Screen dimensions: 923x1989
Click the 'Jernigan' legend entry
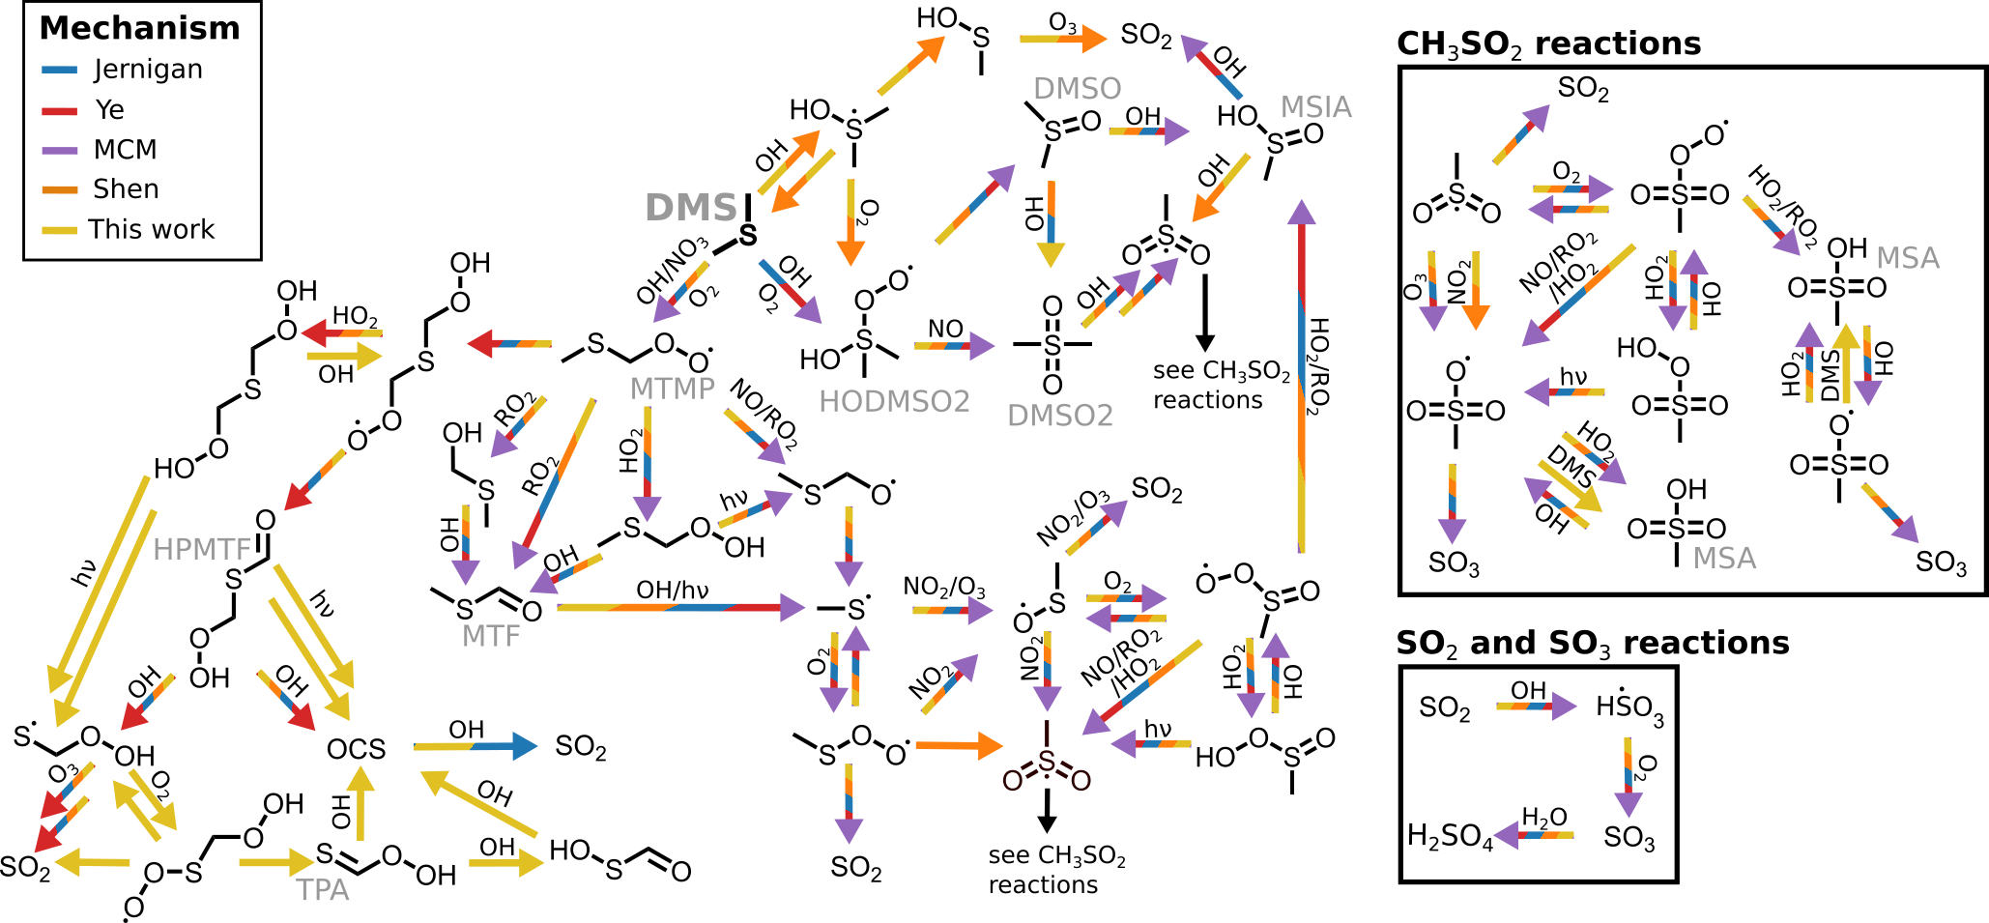(148, 70)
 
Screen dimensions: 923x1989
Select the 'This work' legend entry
(151, 229)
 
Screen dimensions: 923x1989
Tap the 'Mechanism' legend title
(140, 28)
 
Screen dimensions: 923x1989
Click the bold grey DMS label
(691, 208)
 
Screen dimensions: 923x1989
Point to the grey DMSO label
(1077, 89)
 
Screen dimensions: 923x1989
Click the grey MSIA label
(1315, 107)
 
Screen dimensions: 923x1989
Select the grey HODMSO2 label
(894, 402)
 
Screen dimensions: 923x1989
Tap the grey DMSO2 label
(1060, 416)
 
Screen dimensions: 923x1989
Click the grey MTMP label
(672, 389)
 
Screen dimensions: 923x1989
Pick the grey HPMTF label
(202, 549)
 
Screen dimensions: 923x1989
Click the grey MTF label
(491, 636)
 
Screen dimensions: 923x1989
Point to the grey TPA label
(323, 890)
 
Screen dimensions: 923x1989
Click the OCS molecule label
(356, 750)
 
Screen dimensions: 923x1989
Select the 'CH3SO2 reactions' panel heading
(1548, 44)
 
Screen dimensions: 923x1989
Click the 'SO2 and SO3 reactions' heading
(1593, 644)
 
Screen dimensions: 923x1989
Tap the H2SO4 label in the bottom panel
(1450, 836)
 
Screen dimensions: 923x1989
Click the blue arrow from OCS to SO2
(475, 746)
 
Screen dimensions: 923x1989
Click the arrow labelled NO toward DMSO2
(953, 345)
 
